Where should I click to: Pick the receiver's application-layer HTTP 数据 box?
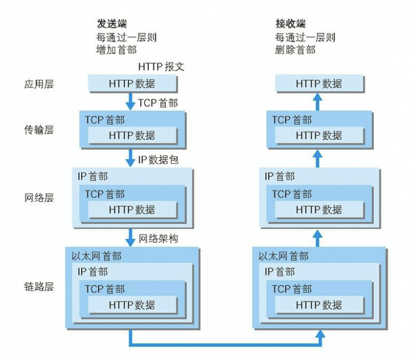pyautogui.click(x=319, y=84)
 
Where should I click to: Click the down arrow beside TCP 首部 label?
pyautogui.click(x=131, y=102)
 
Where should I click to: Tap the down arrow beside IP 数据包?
pyautogui.click(x=131, y=158)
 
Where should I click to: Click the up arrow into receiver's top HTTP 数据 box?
pyautogui.click(x=318, y=100)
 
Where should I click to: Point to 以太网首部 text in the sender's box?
pyautogui.click(x=97, y=256)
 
